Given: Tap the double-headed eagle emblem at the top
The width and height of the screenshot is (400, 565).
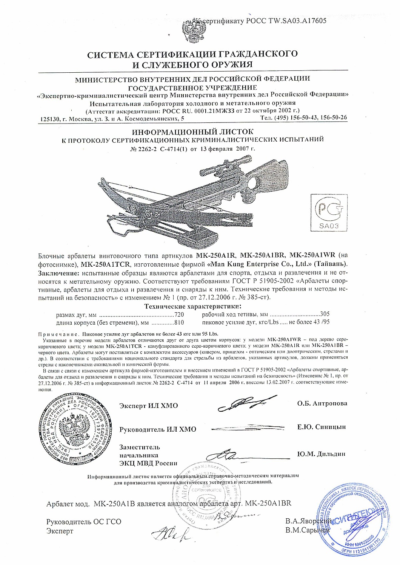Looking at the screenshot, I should [191, 31].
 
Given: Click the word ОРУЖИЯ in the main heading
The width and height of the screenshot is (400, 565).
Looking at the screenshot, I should [230, 64].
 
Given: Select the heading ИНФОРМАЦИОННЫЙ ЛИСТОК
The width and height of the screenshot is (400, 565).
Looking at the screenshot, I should [192, 132].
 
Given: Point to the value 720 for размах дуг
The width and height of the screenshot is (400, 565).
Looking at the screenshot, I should [178, 314].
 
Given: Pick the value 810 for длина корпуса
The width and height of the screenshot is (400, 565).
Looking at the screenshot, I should [179, 322].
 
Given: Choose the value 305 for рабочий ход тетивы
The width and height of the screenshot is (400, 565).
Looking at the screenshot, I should [325, 314].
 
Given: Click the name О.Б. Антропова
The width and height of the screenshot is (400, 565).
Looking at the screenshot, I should [322, 403].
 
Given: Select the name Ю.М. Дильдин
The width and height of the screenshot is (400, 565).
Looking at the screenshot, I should [321, 454].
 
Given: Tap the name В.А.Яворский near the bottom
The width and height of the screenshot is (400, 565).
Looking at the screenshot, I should [308, 522].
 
